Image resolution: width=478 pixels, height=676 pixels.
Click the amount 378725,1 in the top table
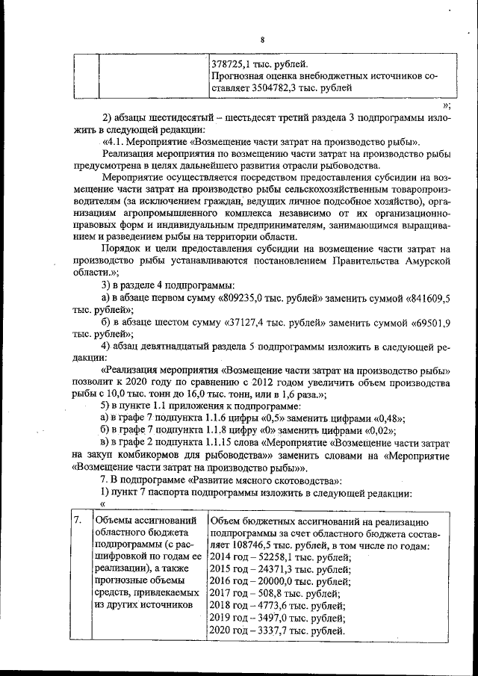pos(235,63)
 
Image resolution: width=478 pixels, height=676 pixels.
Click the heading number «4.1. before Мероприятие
pos(113,141)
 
